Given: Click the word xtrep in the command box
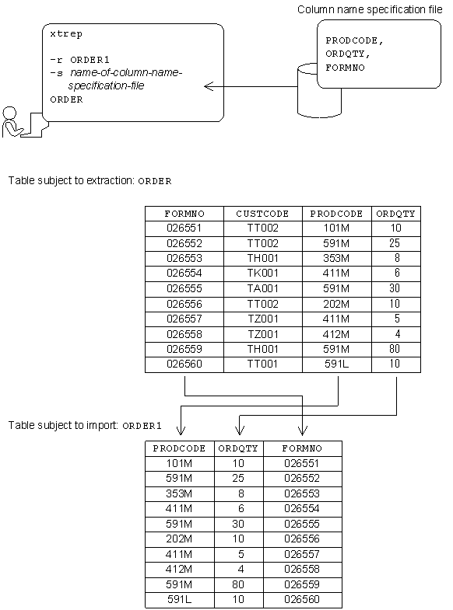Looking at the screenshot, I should pos(65,35).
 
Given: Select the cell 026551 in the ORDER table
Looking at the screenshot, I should pos(184,228).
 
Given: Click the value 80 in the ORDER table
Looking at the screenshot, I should pos(395,348).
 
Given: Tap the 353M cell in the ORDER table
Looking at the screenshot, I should pos(336,258).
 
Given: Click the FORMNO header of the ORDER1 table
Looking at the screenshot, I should pos(302,448).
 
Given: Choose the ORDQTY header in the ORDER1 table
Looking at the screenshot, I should pos(238,448).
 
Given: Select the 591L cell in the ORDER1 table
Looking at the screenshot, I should pos(179,600).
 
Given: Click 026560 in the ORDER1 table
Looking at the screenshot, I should pos(302,600).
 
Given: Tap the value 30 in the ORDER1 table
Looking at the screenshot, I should pos(238,524).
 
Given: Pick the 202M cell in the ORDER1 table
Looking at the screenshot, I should pos(179,539).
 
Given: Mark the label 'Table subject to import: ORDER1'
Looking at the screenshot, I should pos(85,425).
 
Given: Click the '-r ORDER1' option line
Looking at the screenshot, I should pos(77,60).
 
